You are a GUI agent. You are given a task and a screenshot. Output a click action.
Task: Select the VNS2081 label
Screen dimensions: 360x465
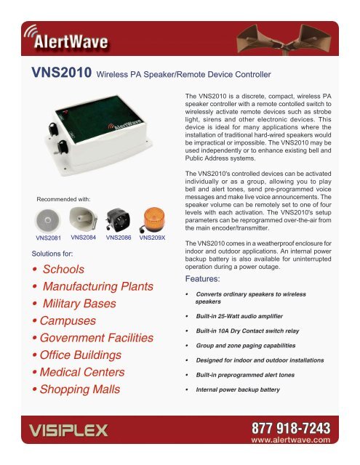(x=48, y=238)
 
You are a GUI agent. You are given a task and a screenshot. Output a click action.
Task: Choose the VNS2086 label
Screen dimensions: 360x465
(x=119, y=238)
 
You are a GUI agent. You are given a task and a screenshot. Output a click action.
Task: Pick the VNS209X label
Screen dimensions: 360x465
(x=153, y=238)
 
